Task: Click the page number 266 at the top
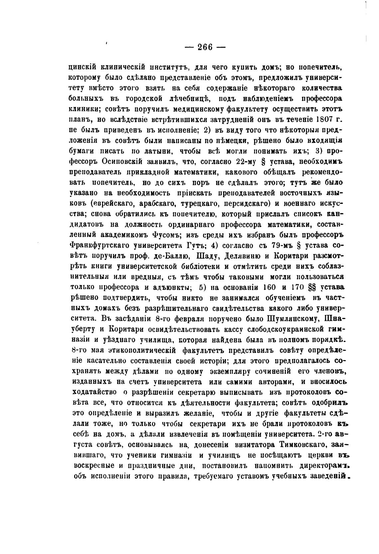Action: (205, 47)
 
